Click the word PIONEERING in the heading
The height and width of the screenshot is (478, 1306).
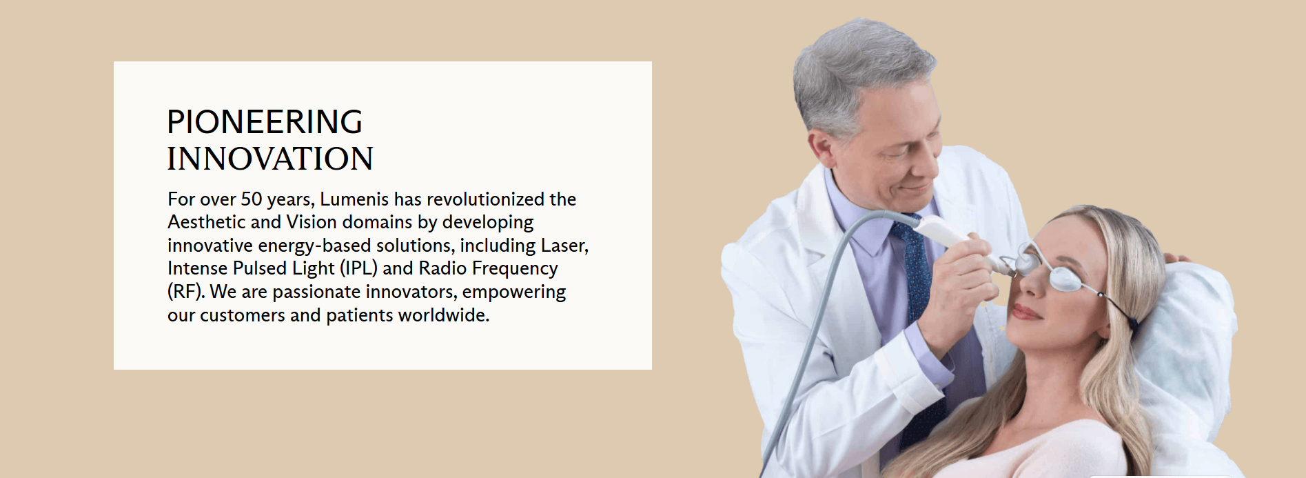(x=265, y=122)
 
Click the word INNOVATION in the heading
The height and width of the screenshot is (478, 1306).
(x=270, y=159)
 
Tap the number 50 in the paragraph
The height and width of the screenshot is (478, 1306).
(x=252, y=199)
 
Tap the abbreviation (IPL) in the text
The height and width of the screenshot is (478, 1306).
(x=358, y=268)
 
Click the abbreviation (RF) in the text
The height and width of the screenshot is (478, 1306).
(x=186, y=292)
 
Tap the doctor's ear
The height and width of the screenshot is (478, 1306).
(x=823, y=150)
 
